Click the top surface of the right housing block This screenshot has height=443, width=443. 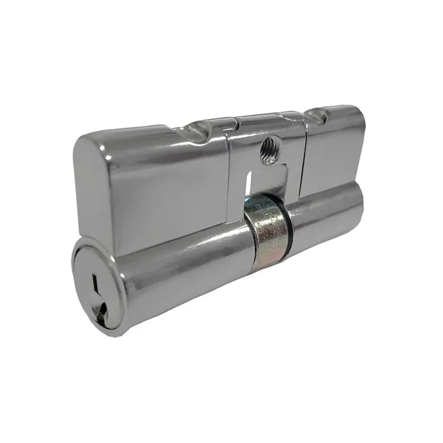pyautogui.click(x=342, y=114)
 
